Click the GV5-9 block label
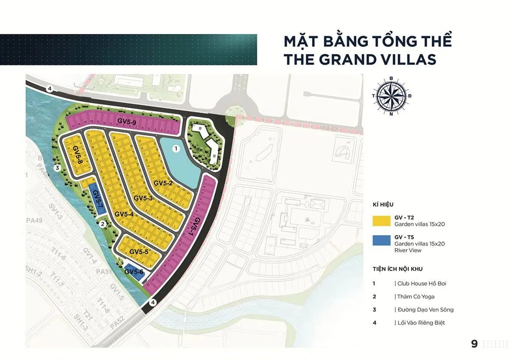pos(126,122)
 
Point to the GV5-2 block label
pos(163,183)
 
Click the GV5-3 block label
pos(143,198)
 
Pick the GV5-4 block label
pos(124,214)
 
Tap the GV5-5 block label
pos(139,252)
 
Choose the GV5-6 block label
pos(134,272)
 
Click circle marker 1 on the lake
pos(176,149)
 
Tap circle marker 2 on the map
pos(102,224)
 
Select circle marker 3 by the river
pos(58,168)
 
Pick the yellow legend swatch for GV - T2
pos(381,221)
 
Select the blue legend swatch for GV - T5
pos(381,240)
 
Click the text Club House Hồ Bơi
pos(422,283)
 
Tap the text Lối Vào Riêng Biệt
pos(421,323)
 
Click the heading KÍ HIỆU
pos(383,205)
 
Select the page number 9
pos(475,344)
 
